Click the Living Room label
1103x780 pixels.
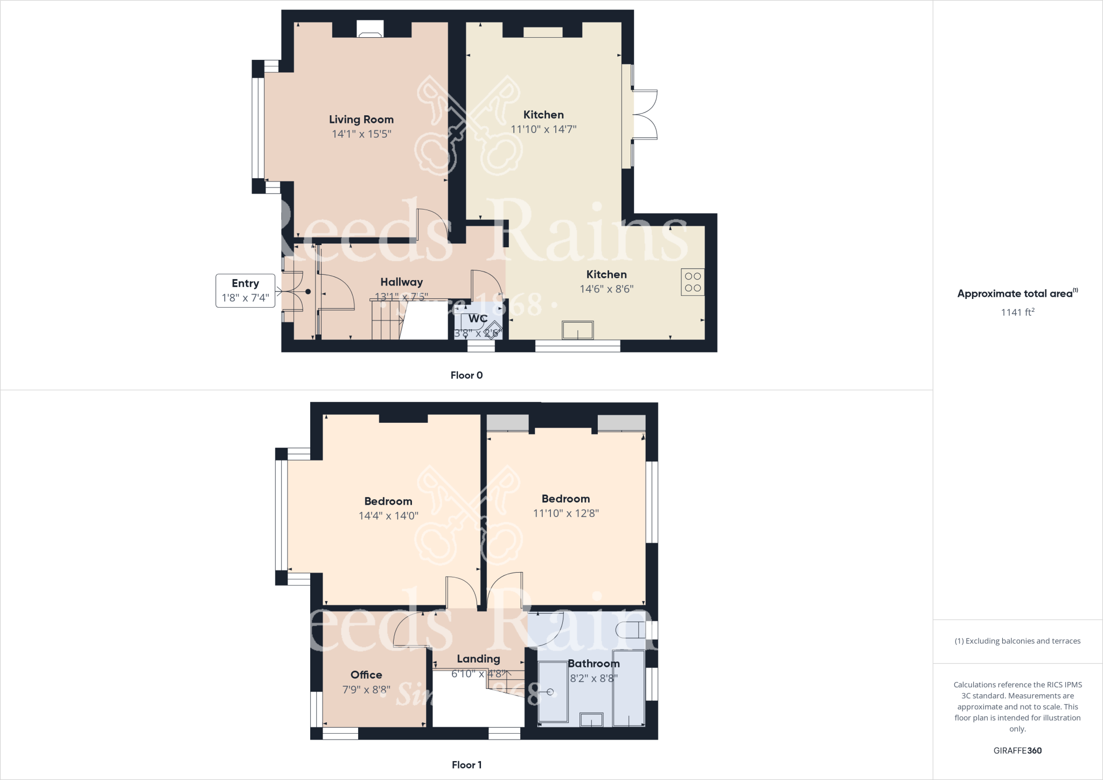click(x=361, y=120)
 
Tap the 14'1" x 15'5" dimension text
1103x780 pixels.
click(x=361, y=134)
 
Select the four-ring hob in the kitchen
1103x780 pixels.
click(x=693, y=282)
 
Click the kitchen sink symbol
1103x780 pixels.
click(x=577, y=330)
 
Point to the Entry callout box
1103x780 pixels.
click(x=245, y=290)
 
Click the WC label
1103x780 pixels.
click(x=478, y=319)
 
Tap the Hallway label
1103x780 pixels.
click(x=401, y=282)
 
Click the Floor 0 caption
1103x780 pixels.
click(x=466, y=375)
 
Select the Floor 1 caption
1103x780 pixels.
click(x=466, y=765)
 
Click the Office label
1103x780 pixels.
click(x=366, y=675)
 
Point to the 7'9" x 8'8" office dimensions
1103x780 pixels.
click(x=366, y=690)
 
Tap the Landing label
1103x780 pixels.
click(x=478, y=659)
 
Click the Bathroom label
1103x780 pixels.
click(x=594, y=664)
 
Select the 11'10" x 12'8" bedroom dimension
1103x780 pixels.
click(x=566, y=513)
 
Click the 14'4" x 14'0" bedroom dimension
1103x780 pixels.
click(x=388, y=516)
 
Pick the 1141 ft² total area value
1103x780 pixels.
click(x=1017, y=312)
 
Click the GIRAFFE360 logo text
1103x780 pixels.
click(x=1017, y=750)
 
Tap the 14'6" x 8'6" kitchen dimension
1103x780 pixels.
click(x=606, y=289)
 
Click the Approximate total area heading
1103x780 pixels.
click(x=1017, y=294)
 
